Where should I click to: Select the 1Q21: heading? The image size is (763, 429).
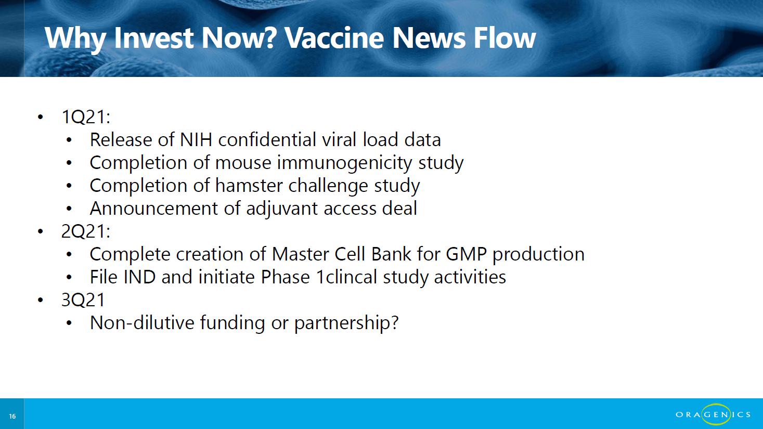86,117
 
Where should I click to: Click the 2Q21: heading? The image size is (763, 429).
86,231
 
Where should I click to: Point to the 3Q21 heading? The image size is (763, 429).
83,300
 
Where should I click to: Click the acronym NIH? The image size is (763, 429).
196,139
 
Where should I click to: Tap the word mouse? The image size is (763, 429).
243,163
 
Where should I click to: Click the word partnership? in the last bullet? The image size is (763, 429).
346,323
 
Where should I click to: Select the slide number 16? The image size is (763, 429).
12,417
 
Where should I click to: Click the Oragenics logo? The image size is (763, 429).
713,414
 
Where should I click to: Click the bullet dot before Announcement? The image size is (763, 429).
69,209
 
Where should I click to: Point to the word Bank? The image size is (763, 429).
391,254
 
